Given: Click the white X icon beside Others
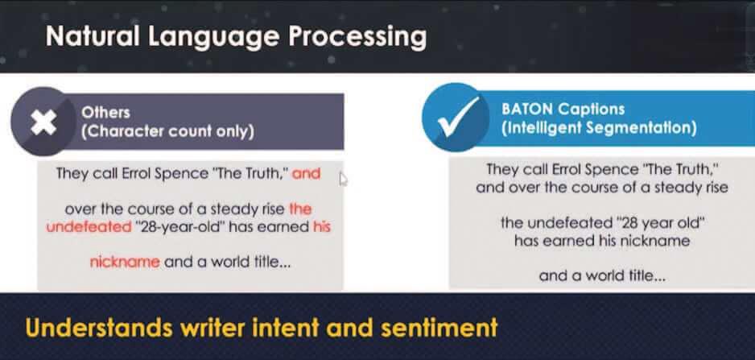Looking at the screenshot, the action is point(43,122).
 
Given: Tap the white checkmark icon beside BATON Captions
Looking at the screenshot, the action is point(459,117).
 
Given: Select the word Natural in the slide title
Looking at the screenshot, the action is point(93,36).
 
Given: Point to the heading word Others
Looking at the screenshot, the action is point(106,112).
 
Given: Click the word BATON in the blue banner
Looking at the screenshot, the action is point(528,109).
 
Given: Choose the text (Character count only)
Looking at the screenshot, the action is point(167,131).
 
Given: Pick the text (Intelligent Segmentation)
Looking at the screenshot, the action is point(599,128).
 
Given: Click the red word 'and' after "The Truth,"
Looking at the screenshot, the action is point(306,173).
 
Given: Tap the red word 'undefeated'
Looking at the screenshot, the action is point(89,226).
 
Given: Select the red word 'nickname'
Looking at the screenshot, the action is point(125,262).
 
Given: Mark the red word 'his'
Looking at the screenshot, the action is point(322,226).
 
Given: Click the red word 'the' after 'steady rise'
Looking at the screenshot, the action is point(300,209).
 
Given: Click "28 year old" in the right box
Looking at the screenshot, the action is point(661,223).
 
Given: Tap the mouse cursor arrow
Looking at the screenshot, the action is point(343,179).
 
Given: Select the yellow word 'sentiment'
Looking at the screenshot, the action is point(439,328).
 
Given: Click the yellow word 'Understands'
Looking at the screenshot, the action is point(99,328).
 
